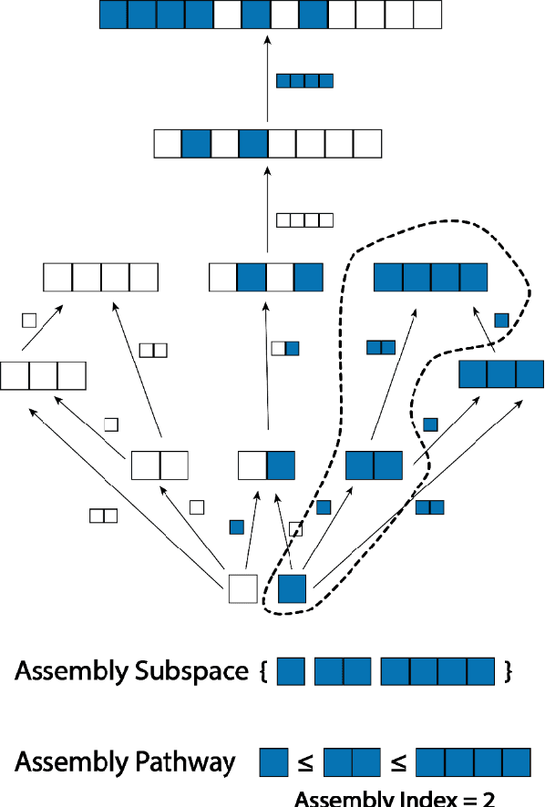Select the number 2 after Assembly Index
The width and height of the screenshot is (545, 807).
[x=488, y=799]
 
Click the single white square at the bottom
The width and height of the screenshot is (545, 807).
[x=242, y=588]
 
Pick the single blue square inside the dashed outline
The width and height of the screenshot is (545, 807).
[x=292, y=588]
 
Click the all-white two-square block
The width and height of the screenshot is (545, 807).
[x=159, y=465]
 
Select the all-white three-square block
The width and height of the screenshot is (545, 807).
[x=43, y=376]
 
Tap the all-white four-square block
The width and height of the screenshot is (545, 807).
[x=100, y=276]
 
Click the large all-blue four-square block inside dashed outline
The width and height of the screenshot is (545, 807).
[x=431, y=276]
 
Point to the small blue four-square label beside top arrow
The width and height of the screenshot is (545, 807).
[x=304, y=81]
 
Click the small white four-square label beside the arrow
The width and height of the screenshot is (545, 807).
[x=304, y=220]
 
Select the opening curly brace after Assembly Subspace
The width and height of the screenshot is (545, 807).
[x=263, y=672]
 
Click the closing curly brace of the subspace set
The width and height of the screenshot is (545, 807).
[x=508, y=672]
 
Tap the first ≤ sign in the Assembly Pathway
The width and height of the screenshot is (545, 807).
[x=305, y=763]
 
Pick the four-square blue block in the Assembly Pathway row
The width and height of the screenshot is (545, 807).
[x=474, y=761]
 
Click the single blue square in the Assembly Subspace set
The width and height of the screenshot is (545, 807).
[x=291, y=672]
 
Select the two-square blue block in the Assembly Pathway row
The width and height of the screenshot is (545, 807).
[x=352, y=761]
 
